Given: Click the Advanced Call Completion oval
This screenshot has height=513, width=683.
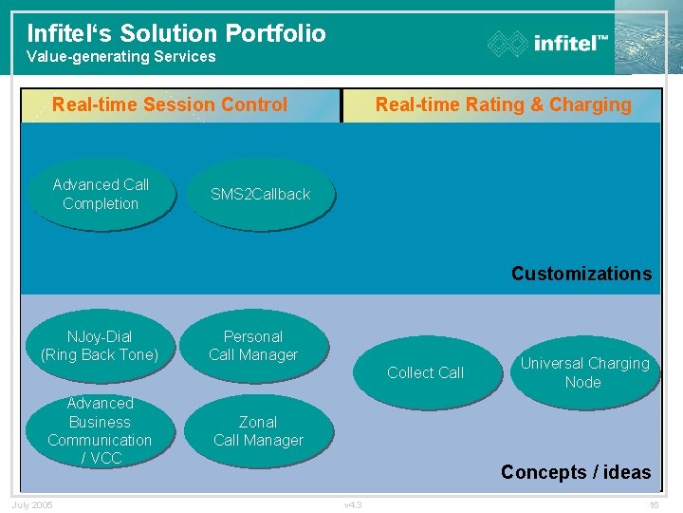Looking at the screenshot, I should click(x=101, y=194).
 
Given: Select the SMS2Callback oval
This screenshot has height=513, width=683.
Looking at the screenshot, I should click(x=260, y=194).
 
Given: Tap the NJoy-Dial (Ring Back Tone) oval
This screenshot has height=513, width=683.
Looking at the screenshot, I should click(x=100, y=346).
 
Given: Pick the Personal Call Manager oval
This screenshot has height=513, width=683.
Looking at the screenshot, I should click(x=253, y=346).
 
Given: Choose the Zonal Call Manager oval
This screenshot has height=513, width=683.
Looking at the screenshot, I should click(x=258, y=430).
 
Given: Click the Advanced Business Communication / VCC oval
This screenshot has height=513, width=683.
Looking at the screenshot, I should click(x=100, y=430).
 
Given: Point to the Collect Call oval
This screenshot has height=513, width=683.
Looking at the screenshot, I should click(x=425, y=372).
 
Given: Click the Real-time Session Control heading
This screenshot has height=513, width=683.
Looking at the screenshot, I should click(x=170, y=104).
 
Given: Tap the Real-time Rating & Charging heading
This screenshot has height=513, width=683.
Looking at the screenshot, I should click(x=503, y=104).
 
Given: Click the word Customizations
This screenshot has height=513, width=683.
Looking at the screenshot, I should click(x=581, y=274).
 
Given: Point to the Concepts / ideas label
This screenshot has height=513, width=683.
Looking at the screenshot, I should click(x=575, y=472).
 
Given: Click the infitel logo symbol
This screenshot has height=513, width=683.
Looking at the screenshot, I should click(x=508, y=44).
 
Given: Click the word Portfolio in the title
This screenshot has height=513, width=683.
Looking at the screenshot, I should click(x=275, y=33).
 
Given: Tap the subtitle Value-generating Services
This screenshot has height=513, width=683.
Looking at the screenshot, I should click(x=120, y=57).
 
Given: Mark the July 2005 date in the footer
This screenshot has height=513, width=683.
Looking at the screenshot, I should click(x=32, y=504).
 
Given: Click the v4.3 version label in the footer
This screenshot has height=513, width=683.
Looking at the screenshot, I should click(x=353, y=504).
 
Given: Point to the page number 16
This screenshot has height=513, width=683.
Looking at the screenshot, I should click(x=654, y=504).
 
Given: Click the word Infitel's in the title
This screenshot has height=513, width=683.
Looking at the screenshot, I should click(x=67, y=33).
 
